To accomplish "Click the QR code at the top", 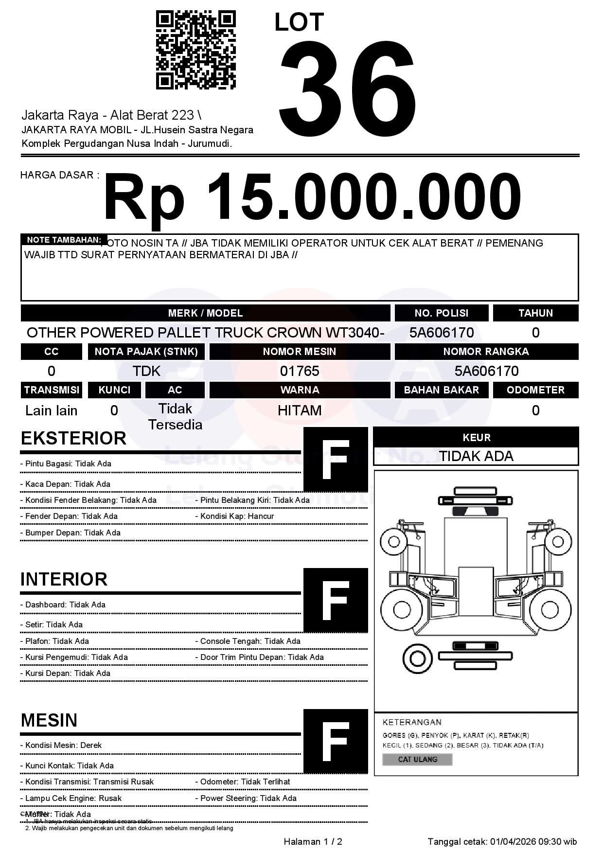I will (x=195, y=51).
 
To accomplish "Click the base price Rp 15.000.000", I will (x=312, y=197).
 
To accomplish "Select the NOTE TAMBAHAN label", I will (x=64, y=240).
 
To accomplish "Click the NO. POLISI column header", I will (x=441, y=313).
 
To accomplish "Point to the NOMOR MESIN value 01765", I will (x=300, y=371).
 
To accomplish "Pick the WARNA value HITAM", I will (x=300, y=410).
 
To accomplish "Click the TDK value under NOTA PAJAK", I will (x=146, y=371).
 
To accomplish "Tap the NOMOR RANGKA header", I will (x=486, y=351).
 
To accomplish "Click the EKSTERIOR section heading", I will (x=73, y=438).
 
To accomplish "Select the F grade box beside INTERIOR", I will (x=336, y=600).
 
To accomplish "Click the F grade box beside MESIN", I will (x=336, y=741).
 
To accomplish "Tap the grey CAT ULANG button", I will (x=417, y=759).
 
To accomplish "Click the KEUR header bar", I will (x=476, y=437).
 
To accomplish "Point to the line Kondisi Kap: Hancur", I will (x=237, y=516).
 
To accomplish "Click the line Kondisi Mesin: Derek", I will (x=61, y=745).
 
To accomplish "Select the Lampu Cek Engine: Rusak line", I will (x=71, y=798).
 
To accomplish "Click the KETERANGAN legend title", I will (x=412, y=722).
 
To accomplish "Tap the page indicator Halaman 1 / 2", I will (x=313, y=841).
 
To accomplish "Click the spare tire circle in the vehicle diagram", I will (x=417, y=659).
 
